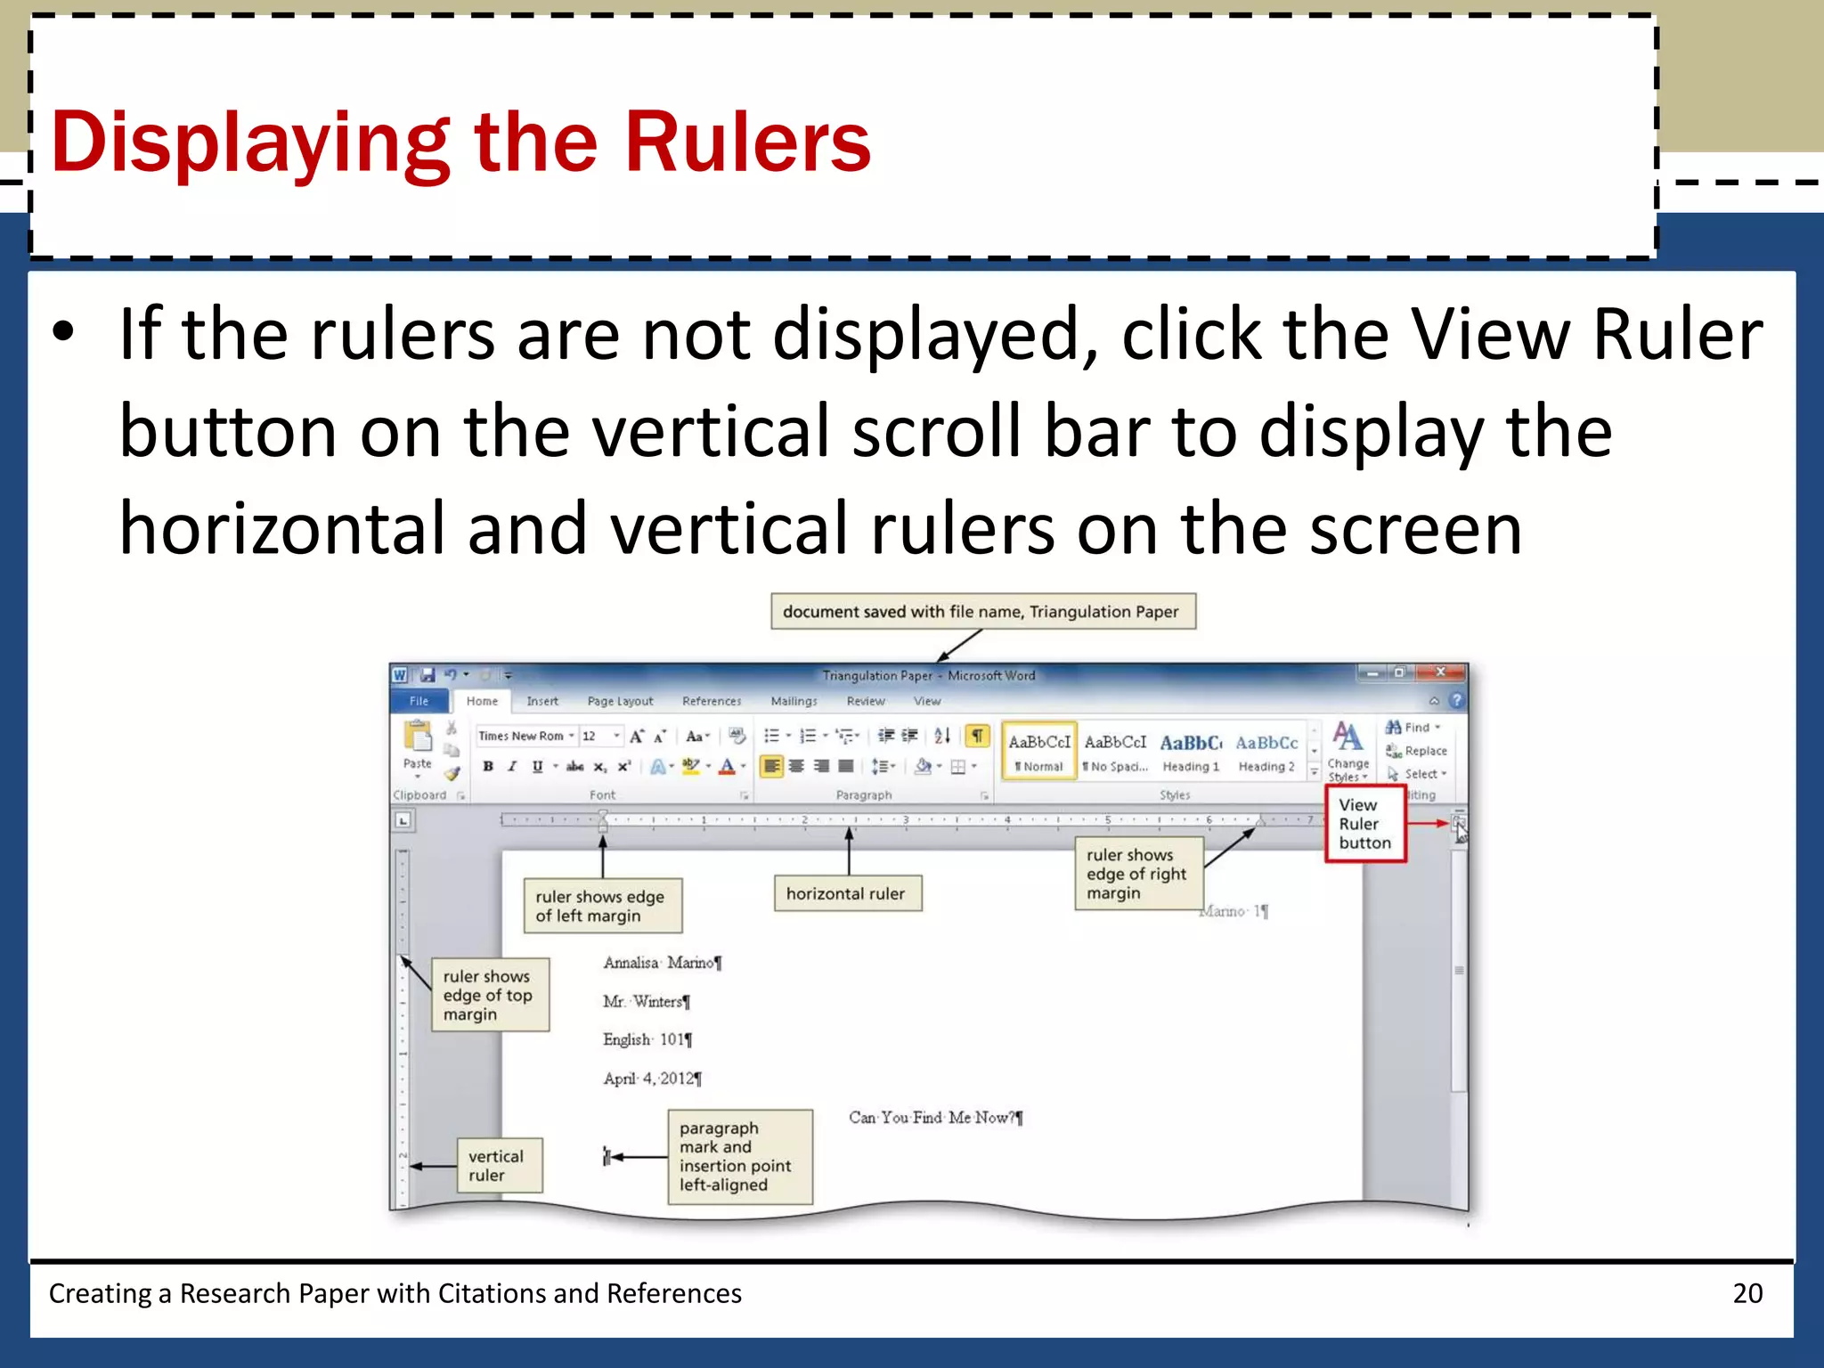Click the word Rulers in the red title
click(x=746, y=142)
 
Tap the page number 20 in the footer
click(x=1747, y=1292)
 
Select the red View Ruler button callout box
click(x=1364, y=824)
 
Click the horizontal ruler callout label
click(x=846, y=893)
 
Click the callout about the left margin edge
click(x=602, y=906)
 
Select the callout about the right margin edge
click(x=1137, y=874)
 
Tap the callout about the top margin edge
click(x=489, y=995)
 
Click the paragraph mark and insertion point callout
click(x=738, y=1156)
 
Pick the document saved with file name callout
click(x=981, y=612)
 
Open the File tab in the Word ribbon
click(x=419, y=701)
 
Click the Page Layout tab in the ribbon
click(x=620, y=701)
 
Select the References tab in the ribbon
click(x=712, y=701)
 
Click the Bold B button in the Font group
click(x=488, y=766)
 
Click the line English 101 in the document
click(x=647, y=1039)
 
